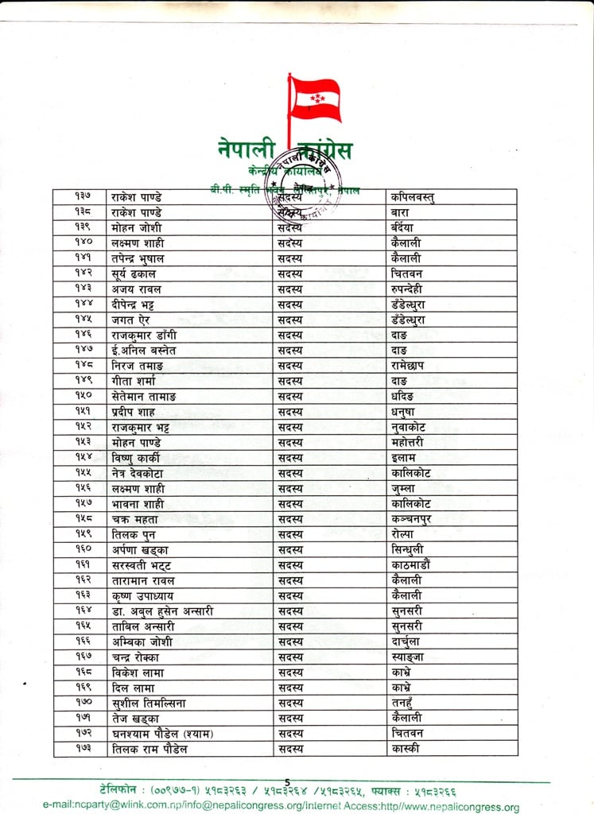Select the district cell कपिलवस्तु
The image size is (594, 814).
413,196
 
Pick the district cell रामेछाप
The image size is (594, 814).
411,366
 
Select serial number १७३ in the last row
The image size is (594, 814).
84,749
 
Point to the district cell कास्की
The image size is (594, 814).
405,749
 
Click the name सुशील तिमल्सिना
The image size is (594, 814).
149,703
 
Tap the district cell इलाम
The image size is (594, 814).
404,458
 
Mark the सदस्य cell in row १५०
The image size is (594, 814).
290,396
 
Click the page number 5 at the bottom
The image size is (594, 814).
287,784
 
